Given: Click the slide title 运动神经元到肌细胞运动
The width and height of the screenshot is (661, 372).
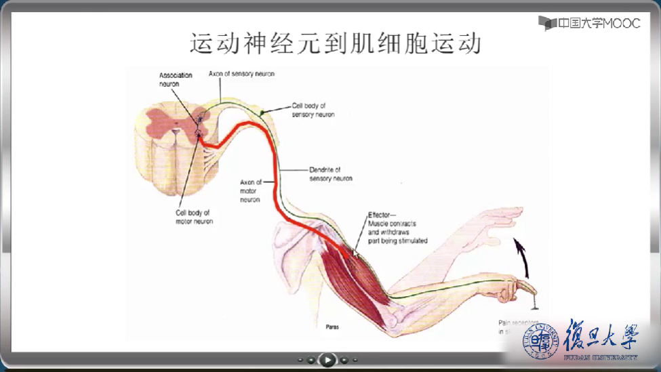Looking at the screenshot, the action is point(335,43).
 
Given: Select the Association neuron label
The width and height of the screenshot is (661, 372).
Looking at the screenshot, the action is point(176,79).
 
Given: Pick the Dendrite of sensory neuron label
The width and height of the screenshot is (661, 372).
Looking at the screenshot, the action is point(330,174).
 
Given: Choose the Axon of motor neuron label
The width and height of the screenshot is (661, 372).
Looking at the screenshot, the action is point(250,191).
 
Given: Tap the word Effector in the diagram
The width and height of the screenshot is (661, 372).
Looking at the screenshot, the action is point(379,214).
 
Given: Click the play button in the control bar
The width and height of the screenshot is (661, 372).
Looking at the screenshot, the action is point(327,359).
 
